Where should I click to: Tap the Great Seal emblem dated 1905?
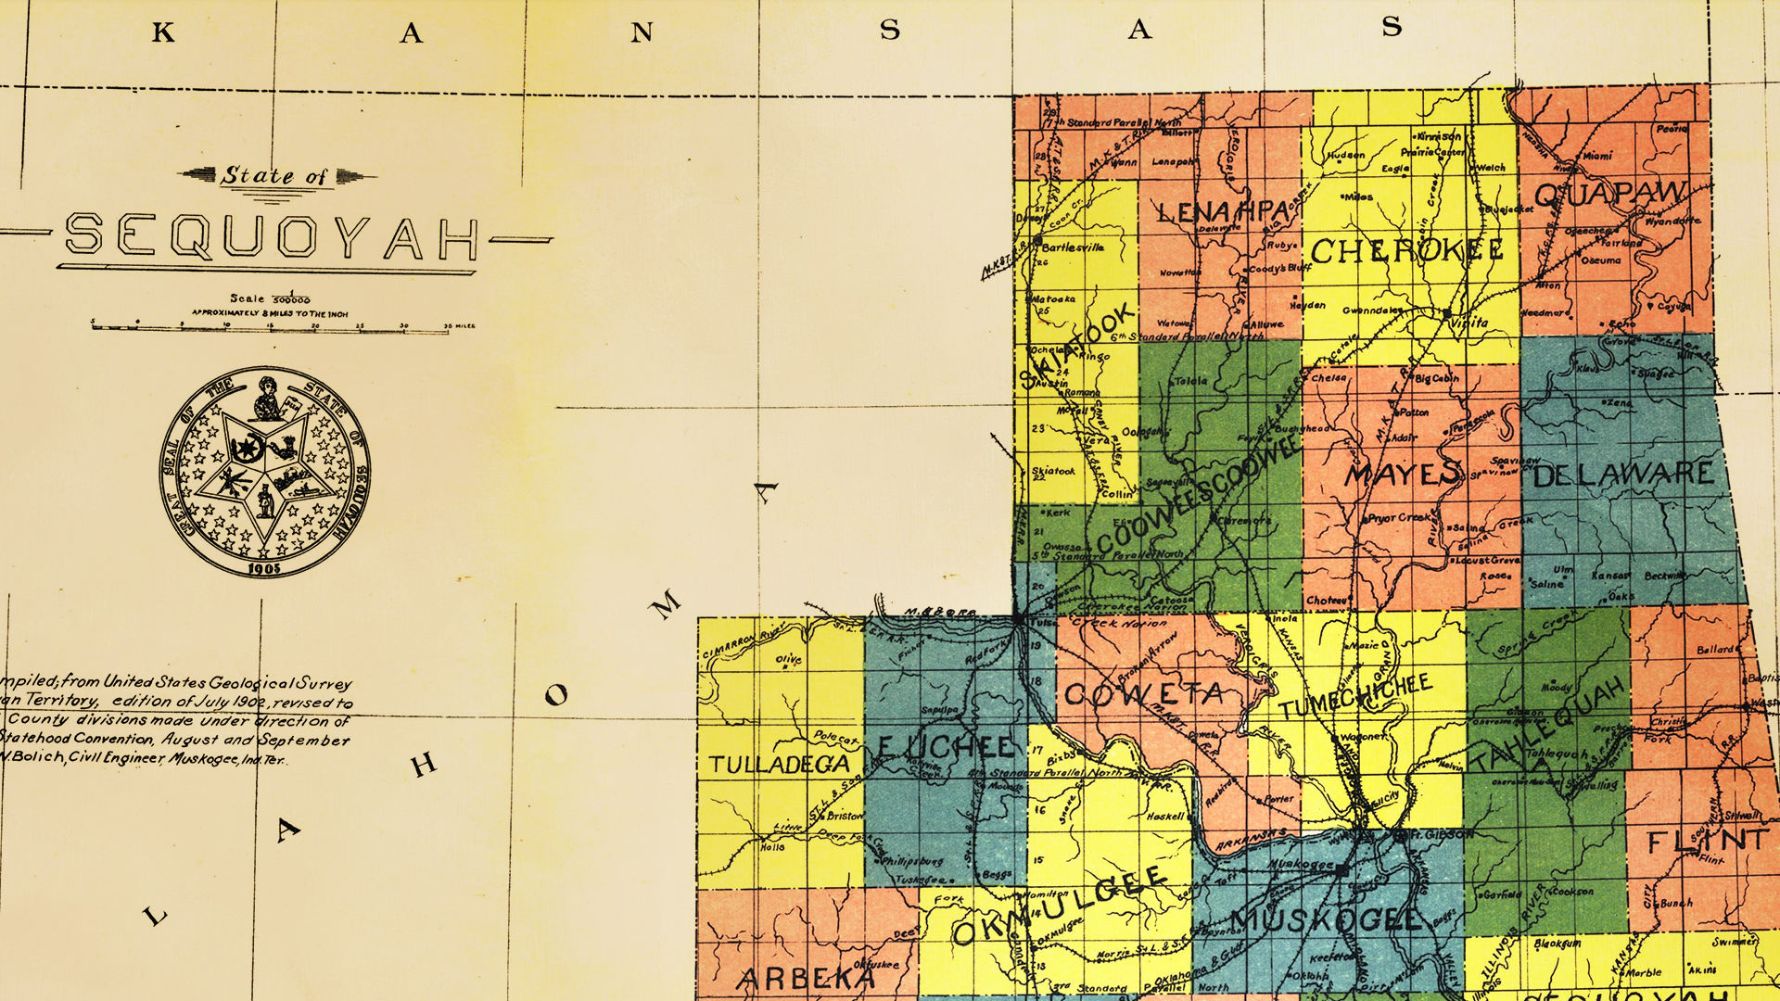tap(265, 473)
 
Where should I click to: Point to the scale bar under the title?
tap(283, 326)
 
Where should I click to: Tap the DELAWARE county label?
tap(1623, 475)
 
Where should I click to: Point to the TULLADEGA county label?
tap(780, 765)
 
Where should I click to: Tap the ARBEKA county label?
tap(806, 979)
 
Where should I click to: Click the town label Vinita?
tap(1472, 323)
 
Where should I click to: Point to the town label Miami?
tap(1596, 157)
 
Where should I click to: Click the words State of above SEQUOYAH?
tap(274, 175)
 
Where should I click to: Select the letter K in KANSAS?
tap(163, 33)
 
